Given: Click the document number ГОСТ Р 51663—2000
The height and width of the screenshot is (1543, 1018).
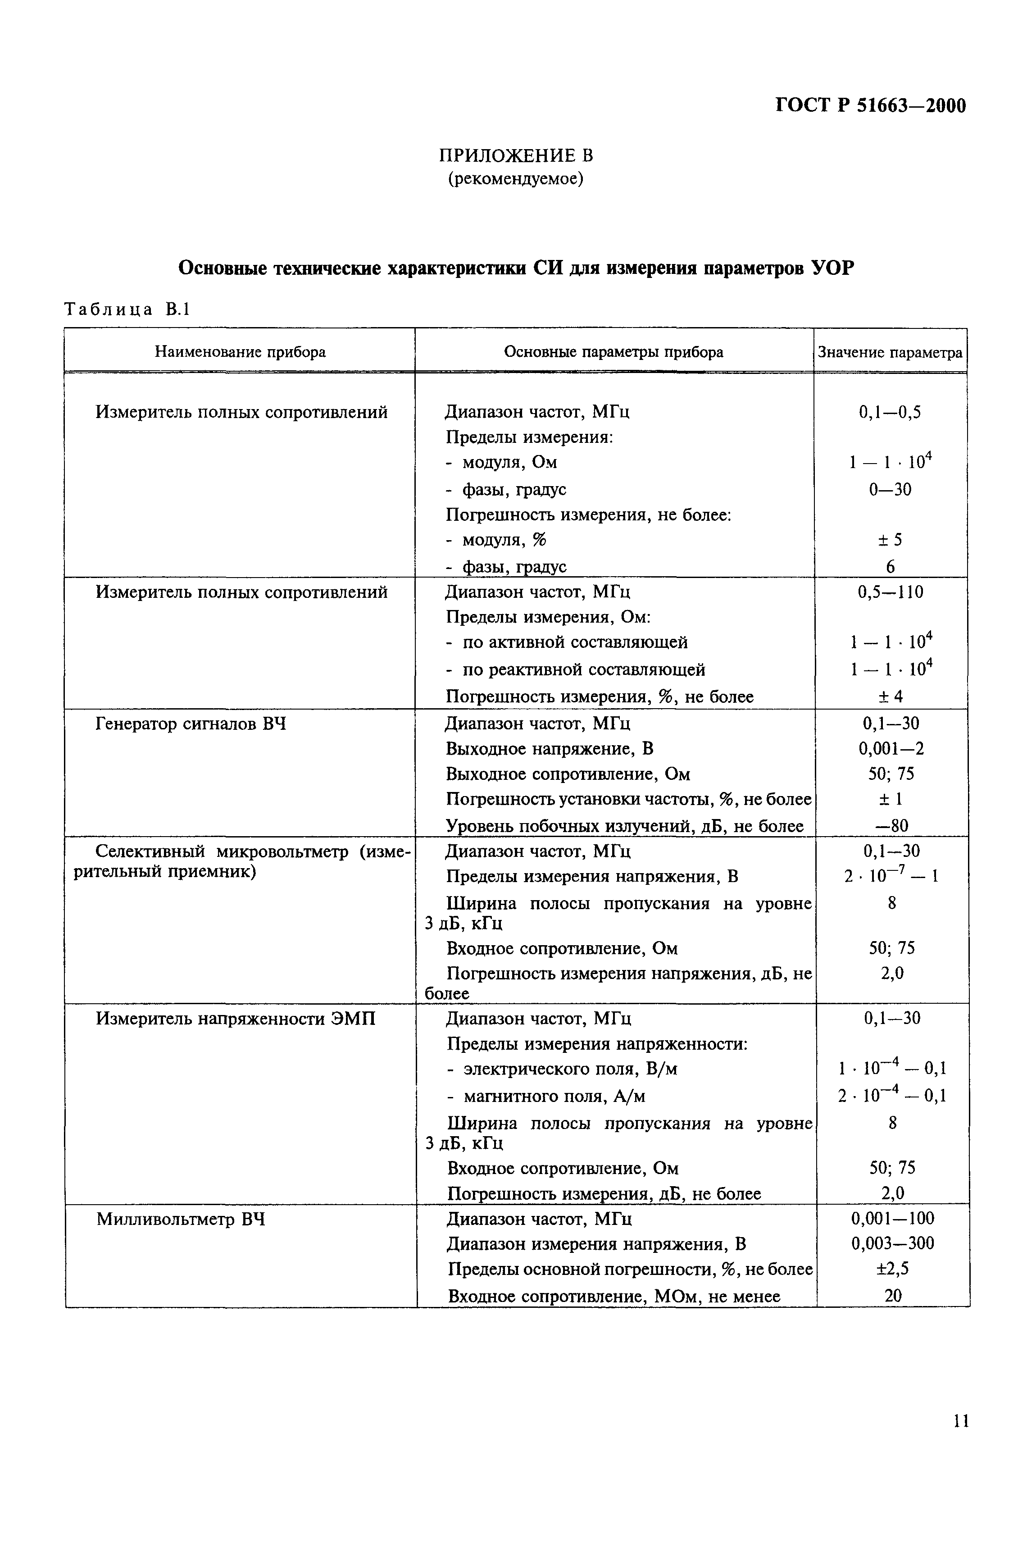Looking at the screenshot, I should tap(871, 105).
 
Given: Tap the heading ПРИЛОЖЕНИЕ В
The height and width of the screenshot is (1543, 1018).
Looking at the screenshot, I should tap(516, 156).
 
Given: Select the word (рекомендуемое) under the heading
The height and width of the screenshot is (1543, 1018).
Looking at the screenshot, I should tap(516, 178).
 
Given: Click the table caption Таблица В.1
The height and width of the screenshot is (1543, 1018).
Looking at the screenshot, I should tap(127, 310).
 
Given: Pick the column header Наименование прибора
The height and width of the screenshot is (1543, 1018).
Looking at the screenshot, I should tap(240, 352).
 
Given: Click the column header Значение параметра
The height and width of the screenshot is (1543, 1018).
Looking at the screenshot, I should tap(890, 352).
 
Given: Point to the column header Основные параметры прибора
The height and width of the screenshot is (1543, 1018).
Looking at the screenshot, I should tap(614, 352).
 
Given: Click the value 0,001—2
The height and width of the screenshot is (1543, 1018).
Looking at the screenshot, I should tap(891, 748).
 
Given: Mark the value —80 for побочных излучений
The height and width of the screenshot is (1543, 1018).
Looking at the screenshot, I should tap(891, 826).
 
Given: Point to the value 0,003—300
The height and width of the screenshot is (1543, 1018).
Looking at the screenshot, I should tap(893, 1244).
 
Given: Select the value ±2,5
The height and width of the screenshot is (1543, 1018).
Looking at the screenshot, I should tap(893, 1269).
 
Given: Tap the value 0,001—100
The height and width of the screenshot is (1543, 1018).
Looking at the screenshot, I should tap(893, 1219).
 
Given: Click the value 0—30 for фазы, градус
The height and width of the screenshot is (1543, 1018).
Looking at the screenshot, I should tap(890, 489).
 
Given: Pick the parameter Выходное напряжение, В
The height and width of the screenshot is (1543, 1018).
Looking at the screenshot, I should tap(549, 748).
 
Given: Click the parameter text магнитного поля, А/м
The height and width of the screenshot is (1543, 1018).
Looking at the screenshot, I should tap(554, 1097).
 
